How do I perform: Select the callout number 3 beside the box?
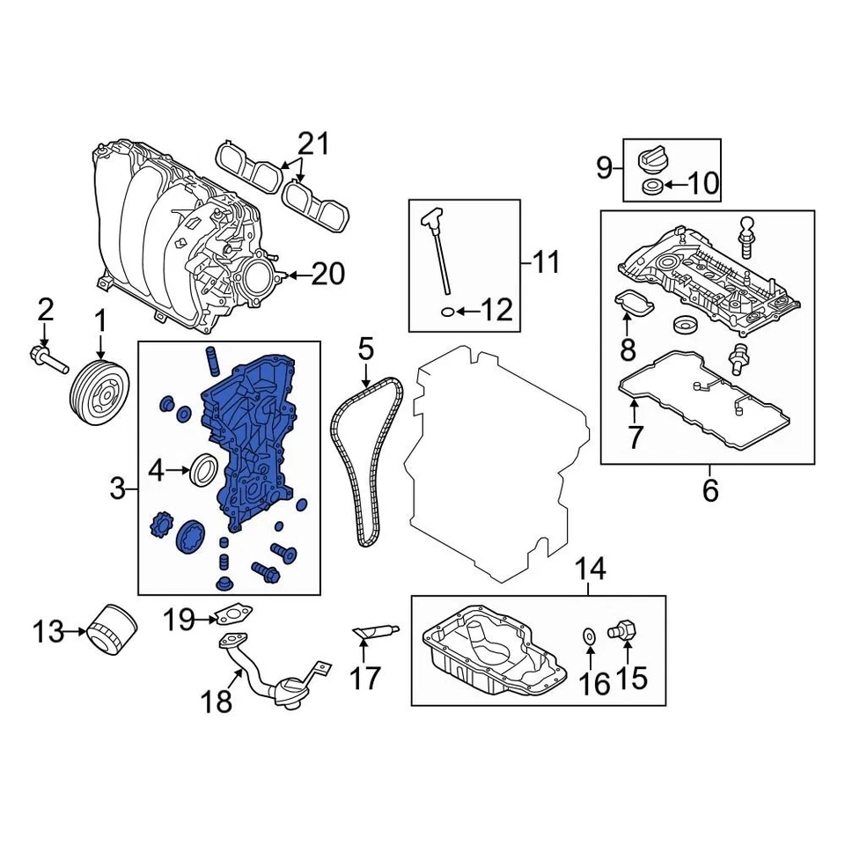click(x=119, y=488)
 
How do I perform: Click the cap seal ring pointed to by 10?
click(x=652, y=185)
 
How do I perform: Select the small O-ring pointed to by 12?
click(x=446, y=311)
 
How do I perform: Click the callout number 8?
click(x=628, y=349)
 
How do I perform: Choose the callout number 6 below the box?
click(x=709, y=490)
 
